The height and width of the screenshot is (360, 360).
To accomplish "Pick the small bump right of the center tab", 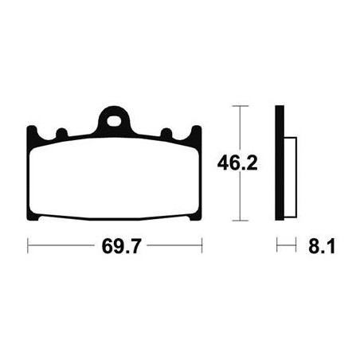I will [166, 132].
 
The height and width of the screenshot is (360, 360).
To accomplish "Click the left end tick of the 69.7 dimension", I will [28, 248].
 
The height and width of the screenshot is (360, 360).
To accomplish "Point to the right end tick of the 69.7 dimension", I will [202, 248].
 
